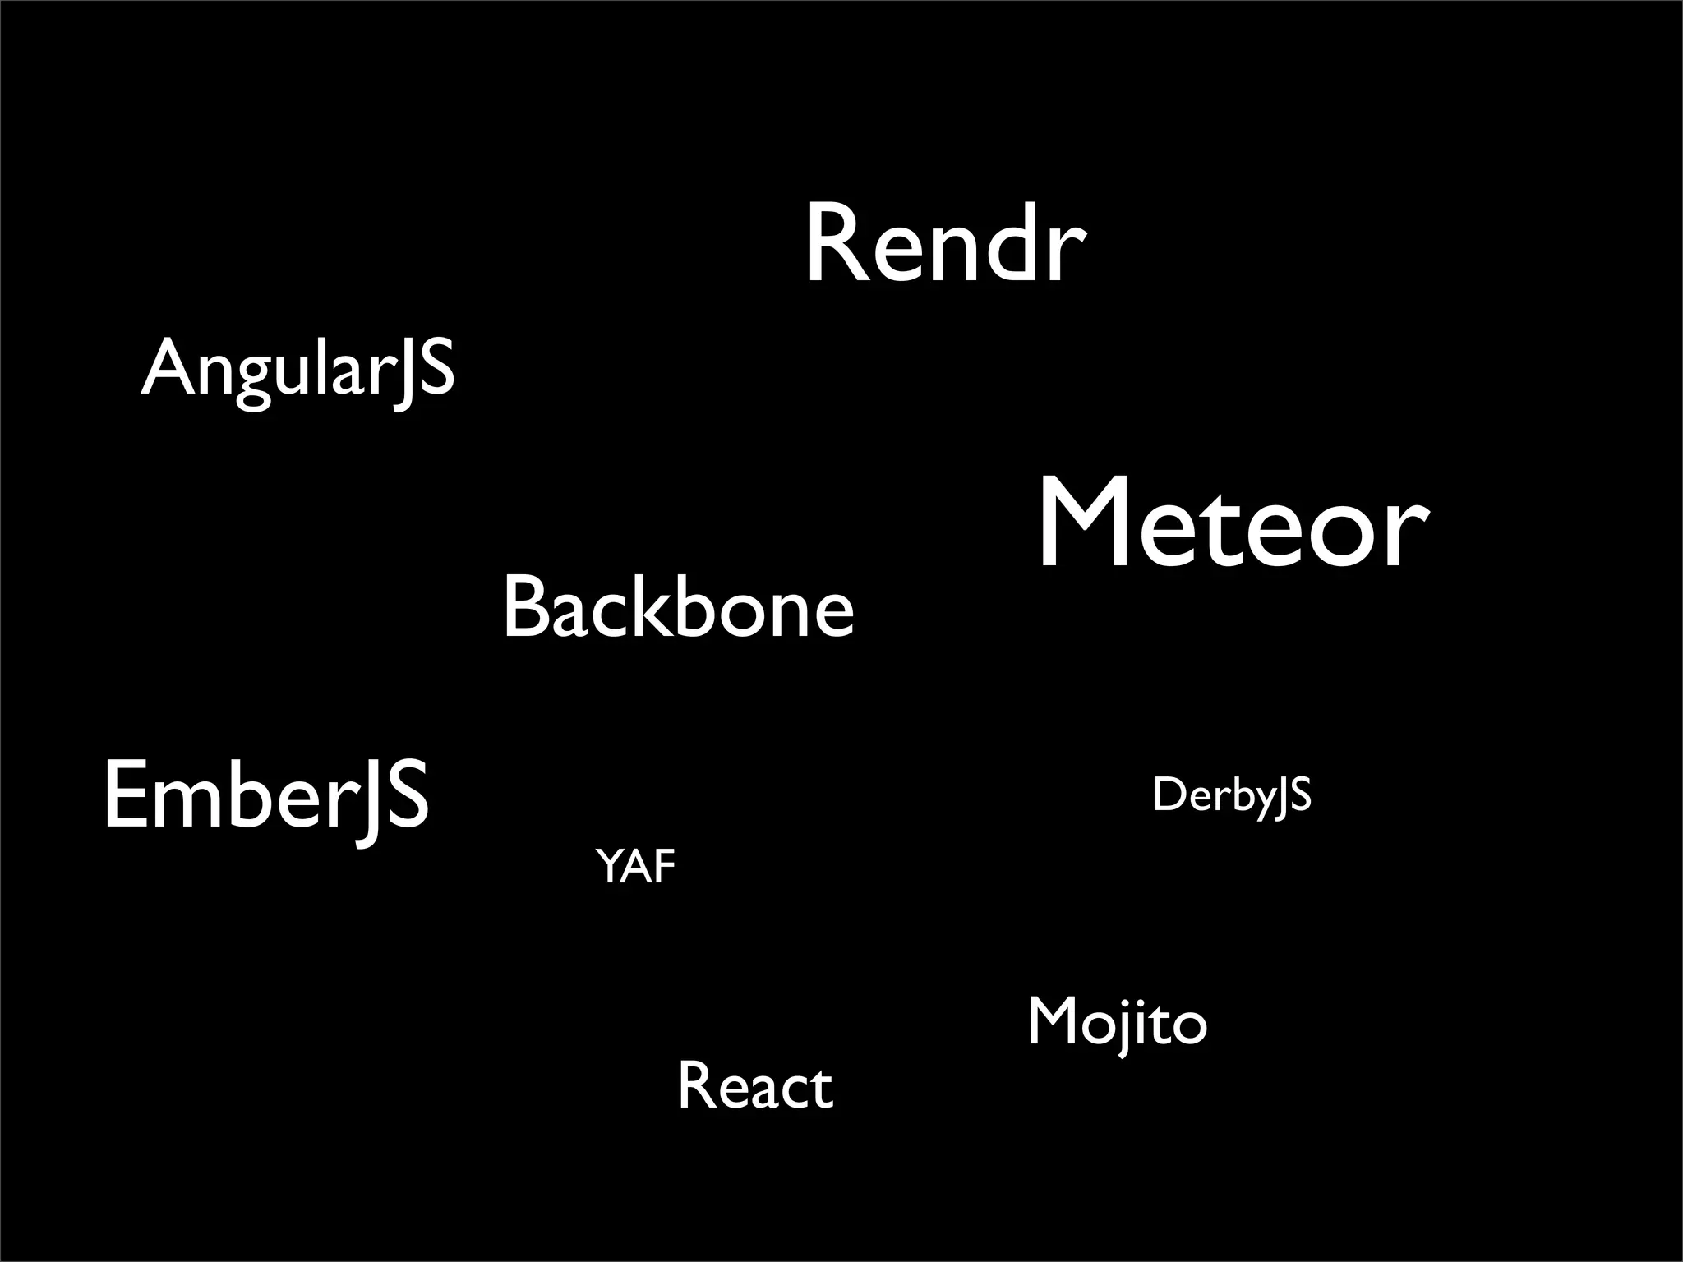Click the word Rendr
(x=945, y=245)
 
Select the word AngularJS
(x=297, y=369)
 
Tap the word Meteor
(x=1233, y=526)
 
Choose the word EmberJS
(x=265, y=795)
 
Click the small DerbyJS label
(x=1231, y=795)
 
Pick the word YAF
(x=635, y=867)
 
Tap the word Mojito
(x=1118, y=1024)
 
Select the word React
(x=755, y=1087)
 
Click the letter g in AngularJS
(x=252, y=378)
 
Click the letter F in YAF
(x=663, y=867)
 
